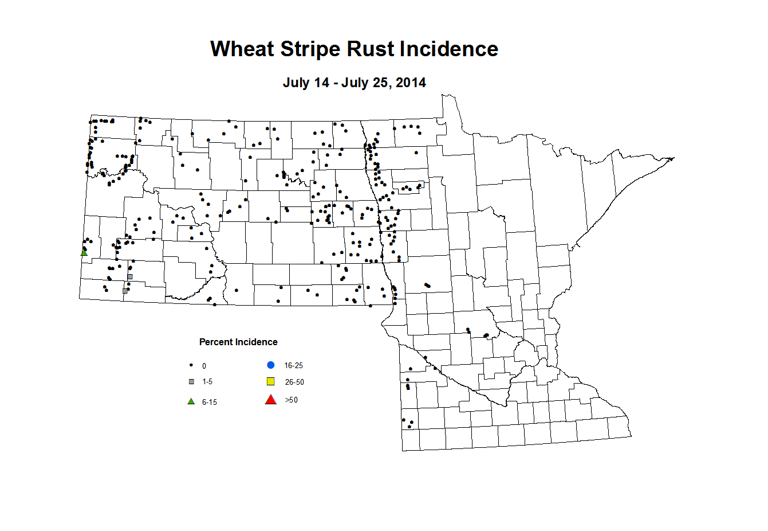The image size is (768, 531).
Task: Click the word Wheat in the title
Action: (x=243, y=49)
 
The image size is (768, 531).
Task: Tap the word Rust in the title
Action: (x=372, y=49)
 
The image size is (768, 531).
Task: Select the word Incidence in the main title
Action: (x=449, y=49)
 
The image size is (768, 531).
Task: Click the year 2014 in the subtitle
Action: (x=411, y=83)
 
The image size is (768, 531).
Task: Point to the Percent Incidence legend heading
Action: (x=238, y=342)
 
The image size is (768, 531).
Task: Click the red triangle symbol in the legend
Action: (x=271, y=400)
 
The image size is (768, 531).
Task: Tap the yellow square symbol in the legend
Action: (x=271, y=382)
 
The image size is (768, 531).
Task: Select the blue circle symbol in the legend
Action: (x=271, y=365)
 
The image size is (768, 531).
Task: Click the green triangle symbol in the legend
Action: (x=191, y=401)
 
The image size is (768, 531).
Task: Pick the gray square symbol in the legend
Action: (x=191, y=382)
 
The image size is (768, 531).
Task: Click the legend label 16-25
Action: (x=293, y=366)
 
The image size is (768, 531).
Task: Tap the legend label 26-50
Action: (x=294, y=382)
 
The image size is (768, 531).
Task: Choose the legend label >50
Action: (x=292, y=400)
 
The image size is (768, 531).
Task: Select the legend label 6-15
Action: (x=209, y=403)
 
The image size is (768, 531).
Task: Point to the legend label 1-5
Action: (x=207, y=382)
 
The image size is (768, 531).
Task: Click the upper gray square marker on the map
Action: (x=130, y=276)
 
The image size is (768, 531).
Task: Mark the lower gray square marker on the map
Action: (x=125, y=291)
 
